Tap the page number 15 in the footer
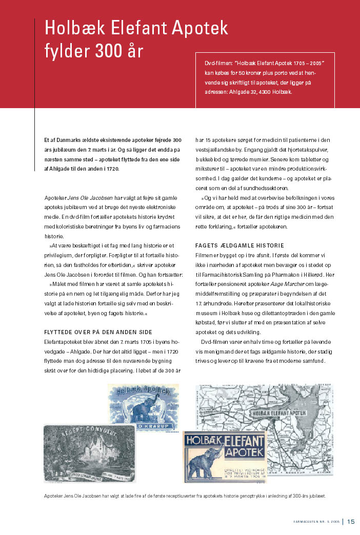pyautogui.click(x=351, y=522)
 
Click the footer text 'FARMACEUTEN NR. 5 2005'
pyautogui.click(x=316, y=522)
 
